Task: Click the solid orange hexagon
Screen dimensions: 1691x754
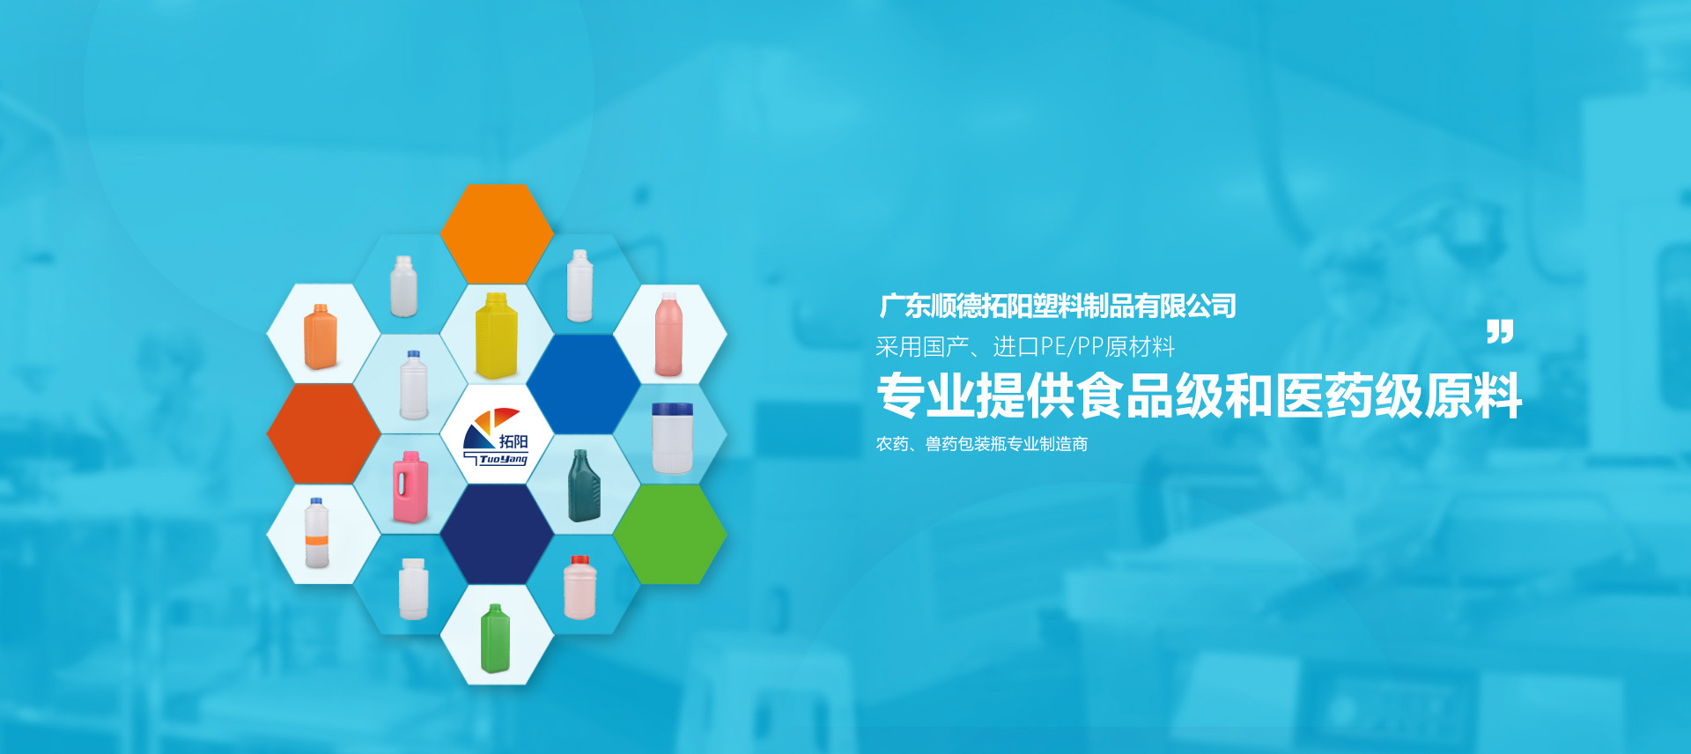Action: tap(497, 233)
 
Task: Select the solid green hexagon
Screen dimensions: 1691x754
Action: tap(670, 534)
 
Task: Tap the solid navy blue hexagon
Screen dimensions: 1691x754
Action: tap(497, 534)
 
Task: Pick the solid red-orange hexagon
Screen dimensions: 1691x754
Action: tap(324, 433)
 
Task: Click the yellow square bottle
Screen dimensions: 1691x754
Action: tap(496, 336)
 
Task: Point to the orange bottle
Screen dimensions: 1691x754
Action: tap(320, 336)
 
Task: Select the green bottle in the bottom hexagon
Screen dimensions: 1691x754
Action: tap(495, 639)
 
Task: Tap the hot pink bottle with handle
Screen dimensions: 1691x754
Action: tap(410, 487)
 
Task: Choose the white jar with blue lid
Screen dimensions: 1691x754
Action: tap(672, 438)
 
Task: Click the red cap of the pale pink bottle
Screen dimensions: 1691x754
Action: tap(580, 560)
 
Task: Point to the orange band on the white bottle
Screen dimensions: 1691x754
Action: tap(317, 539)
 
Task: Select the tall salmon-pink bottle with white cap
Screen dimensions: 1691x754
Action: tap(668, 335)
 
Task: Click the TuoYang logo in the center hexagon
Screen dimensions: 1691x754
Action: tap(496, 436)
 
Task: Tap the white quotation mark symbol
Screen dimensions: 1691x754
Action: tap(1500, 332)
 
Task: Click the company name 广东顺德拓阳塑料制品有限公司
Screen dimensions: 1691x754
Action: tap(1058, 307)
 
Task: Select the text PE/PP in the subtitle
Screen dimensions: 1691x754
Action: tap(1072, 347)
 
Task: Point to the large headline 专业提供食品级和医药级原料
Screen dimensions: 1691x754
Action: tap(1200, 396)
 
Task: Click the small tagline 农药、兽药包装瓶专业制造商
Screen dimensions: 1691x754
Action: tap(982, 444)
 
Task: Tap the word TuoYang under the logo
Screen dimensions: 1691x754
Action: tap(503, 459)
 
